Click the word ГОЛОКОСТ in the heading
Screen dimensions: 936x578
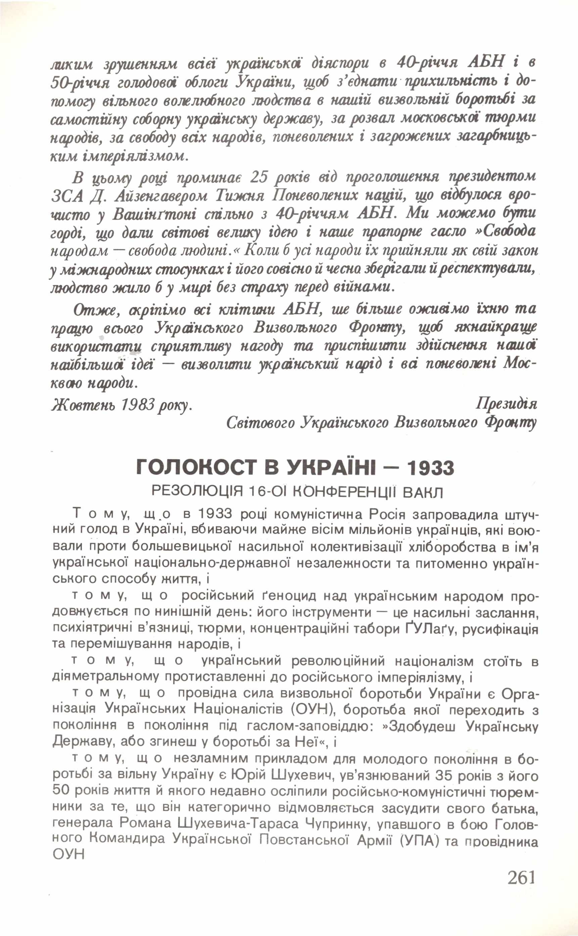point(195,469)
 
